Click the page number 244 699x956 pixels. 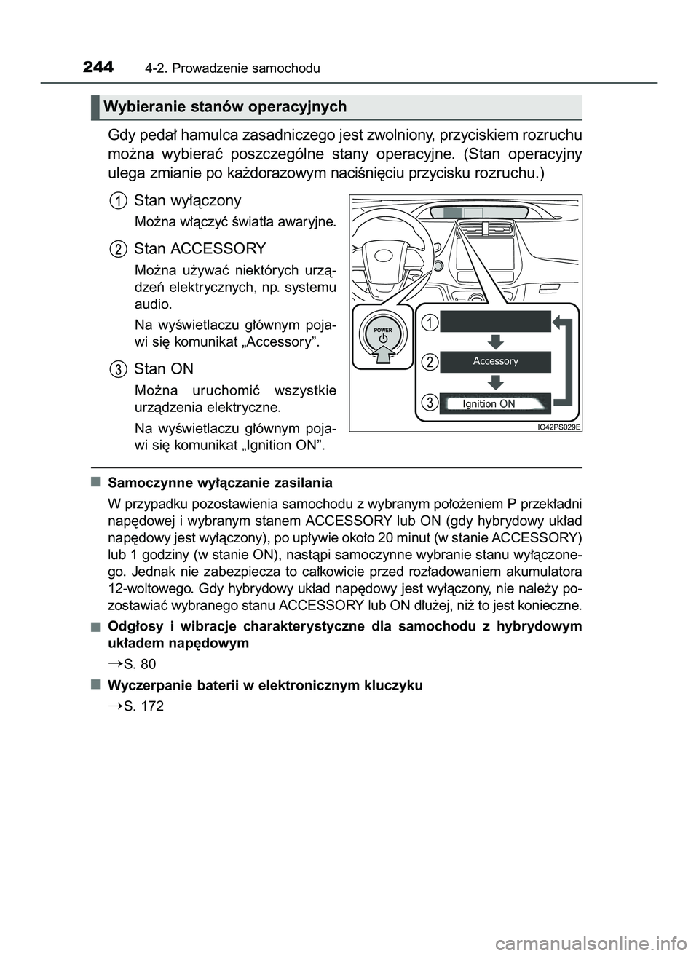(98, 68)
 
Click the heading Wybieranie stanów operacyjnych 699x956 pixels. (225, 107)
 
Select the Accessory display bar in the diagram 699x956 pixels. (495, 361)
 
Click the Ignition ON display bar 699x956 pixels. (495, 403)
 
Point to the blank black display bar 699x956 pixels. (495, 321)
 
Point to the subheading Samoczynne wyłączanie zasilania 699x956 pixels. (220, 483)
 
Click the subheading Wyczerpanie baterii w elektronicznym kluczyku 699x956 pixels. (264, 685)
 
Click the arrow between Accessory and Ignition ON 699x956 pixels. (496, 382)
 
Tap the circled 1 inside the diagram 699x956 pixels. (431, 321)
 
